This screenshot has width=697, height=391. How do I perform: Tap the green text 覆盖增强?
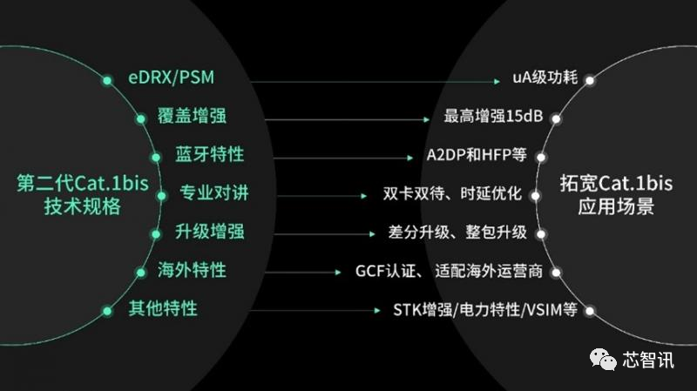coord(193,117)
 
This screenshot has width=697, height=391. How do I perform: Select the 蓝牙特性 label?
coord(209,155)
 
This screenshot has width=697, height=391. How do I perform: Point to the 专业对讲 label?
coord(214,193)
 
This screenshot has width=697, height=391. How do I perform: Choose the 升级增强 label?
coord(209,232)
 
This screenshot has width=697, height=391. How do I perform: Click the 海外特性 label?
coord(192,270)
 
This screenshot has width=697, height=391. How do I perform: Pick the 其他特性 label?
coord(162,308)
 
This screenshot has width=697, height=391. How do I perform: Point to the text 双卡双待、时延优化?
coord(453,194)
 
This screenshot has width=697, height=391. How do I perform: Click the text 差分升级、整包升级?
coord(458,233)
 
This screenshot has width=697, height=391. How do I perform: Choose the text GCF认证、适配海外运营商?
coord(450,272)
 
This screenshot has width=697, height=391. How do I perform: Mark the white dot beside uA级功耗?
coord(590,80)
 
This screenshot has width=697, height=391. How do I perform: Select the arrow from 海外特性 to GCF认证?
coord(287,272)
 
